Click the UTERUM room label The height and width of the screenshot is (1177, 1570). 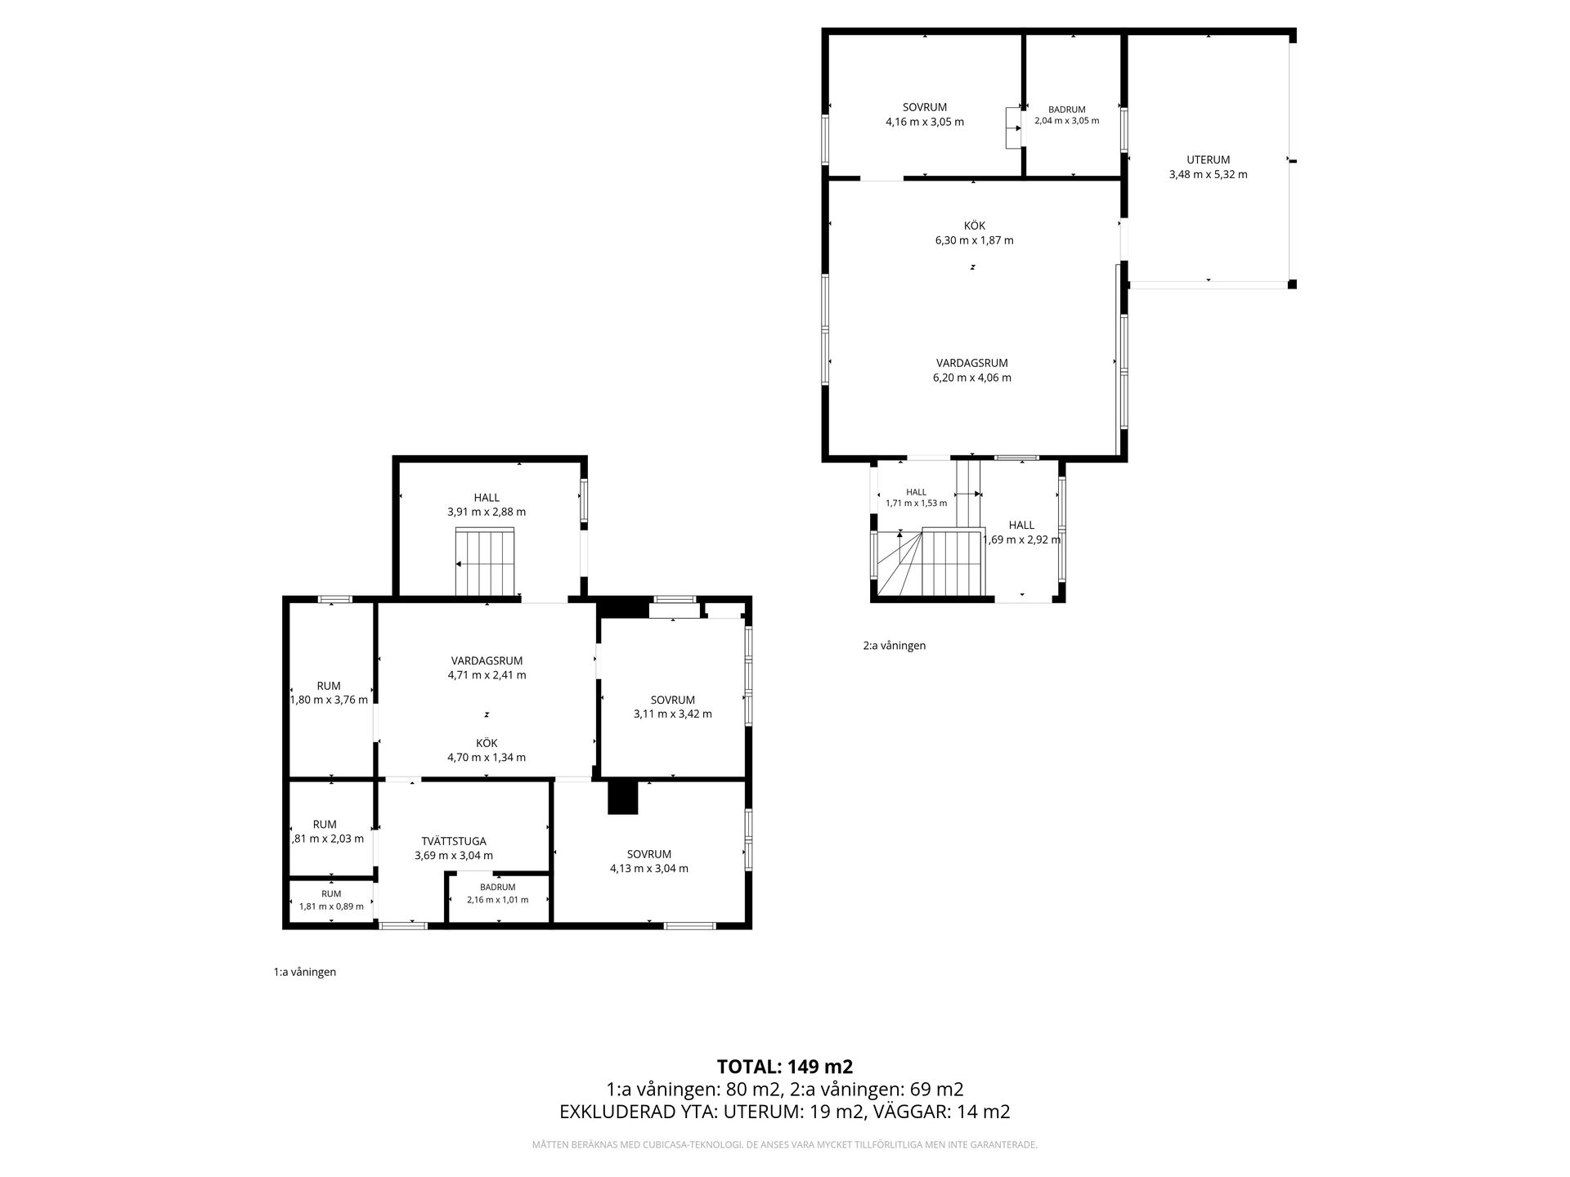(x=1208, y=160)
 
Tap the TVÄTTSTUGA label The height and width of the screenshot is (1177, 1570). (x=454, y=841)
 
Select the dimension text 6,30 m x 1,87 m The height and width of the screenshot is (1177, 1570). (x=974, y=240)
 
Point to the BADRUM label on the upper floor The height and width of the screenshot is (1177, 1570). (x=1067, y=110)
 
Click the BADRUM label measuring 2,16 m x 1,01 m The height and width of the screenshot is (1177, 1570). (x=498, y=887)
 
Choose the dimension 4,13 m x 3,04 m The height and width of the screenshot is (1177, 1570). (x=649, y=869)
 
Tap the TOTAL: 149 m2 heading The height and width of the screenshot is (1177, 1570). (x=785, y=1067)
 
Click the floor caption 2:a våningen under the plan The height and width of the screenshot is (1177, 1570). (x=895, y=646)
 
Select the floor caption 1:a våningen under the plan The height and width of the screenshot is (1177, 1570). (x=305, y=973)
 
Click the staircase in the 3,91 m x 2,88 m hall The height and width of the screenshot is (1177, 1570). (x=485, y=562)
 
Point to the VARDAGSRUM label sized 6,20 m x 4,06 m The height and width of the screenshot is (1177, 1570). (x=972, y=363)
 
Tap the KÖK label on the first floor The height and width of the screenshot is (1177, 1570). (x=487, y=743)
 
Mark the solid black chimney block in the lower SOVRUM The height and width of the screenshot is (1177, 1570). (x=622, y=798)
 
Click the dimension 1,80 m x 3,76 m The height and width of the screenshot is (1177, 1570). (x=330, y=700)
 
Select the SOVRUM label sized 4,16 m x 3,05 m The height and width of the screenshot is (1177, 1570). (x=925, y=107)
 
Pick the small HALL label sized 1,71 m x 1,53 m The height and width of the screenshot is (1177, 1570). (x=917, y=492)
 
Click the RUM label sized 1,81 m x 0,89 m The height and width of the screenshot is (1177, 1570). (x=331, y=894)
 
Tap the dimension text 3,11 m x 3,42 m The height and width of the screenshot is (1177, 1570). (x=673, y=714)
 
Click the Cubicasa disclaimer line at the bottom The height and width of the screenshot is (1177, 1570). (x=785, y=1145)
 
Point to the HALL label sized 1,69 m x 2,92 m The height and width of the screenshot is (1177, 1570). (x=1021, y=526)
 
